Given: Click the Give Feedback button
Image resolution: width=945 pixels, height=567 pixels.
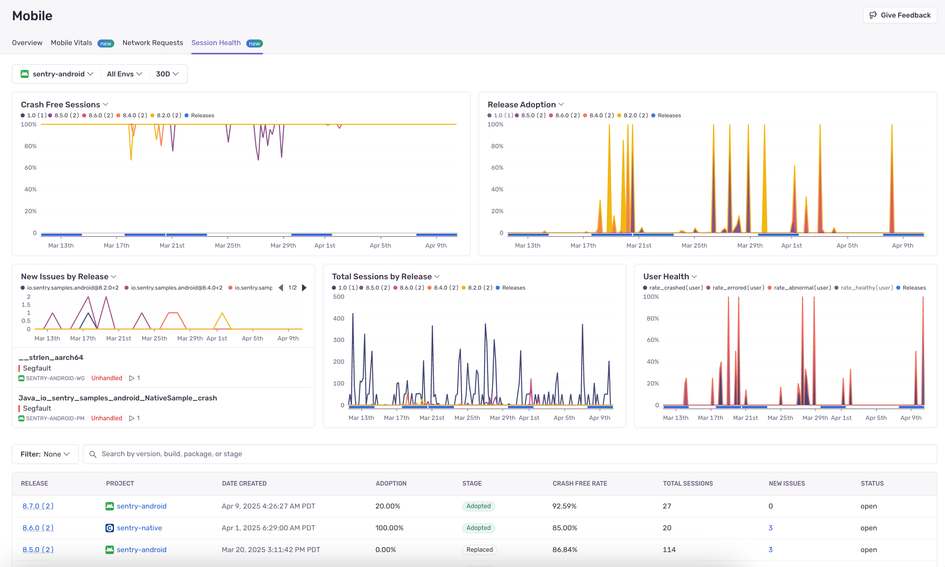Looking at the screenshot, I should coord(900,15).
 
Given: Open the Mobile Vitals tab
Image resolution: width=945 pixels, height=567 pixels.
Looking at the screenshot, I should coord(71,43).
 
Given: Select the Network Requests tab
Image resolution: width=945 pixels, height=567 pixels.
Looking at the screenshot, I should coord(153,43).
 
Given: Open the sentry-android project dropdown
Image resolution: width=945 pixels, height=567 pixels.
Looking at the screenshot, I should coord(57,74).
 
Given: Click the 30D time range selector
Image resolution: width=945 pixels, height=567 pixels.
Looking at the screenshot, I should coord(167,74).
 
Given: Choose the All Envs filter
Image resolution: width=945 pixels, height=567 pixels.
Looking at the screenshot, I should coord(124,74).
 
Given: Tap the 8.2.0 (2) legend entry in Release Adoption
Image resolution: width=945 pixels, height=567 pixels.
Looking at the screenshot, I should coord(635,115).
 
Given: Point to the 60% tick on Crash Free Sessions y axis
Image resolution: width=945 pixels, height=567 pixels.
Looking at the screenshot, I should coord(31,168).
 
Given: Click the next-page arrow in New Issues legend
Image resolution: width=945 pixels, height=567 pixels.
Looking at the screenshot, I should coord(304,288).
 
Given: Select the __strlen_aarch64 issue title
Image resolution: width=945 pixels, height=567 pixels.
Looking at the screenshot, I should coord(51,358).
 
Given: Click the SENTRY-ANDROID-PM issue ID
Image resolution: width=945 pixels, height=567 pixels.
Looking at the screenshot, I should coord(55,418).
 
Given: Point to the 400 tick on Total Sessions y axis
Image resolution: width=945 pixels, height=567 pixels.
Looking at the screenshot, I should coord(338,318).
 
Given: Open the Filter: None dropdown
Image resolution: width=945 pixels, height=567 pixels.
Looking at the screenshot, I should coord(45,454).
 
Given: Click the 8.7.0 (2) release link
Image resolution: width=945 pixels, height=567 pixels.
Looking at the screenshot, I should coord(38,506).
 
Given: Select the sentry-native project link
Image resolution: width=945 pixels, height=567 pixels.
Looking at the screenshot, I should coord(139,528).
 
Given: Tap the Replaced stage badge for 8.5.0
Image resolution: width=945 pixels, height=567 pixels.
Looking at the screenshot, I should coord(479,549).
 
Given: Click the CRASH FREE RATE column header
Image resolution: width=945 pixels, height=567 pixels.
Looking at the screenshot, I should coord(580,483).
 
